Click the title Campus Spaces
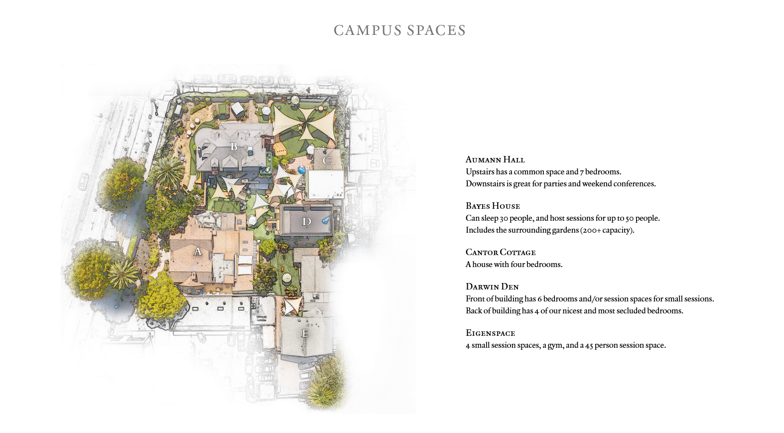click(x=399, y=30)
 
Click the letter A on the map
click(x=198, y=251)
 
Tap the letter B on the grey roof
click(x=234, y=146)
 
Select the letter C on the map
click(x=326, y=160)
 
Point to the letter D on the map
click(x=306, y=221)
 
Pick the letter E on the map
click(x=305, y=333)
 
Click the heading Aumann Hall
click(x=495, y=159)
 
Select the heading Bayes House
click(x=493, y=206)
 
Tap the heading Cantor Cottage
click(x=501, y=252)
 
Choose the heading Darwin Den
click(x=492, y=287)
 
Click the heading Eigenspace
click(x=490, y=333)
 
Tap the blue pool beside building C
click(x=301, y=170)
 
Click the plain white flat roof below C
click(x=325, y=184)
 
